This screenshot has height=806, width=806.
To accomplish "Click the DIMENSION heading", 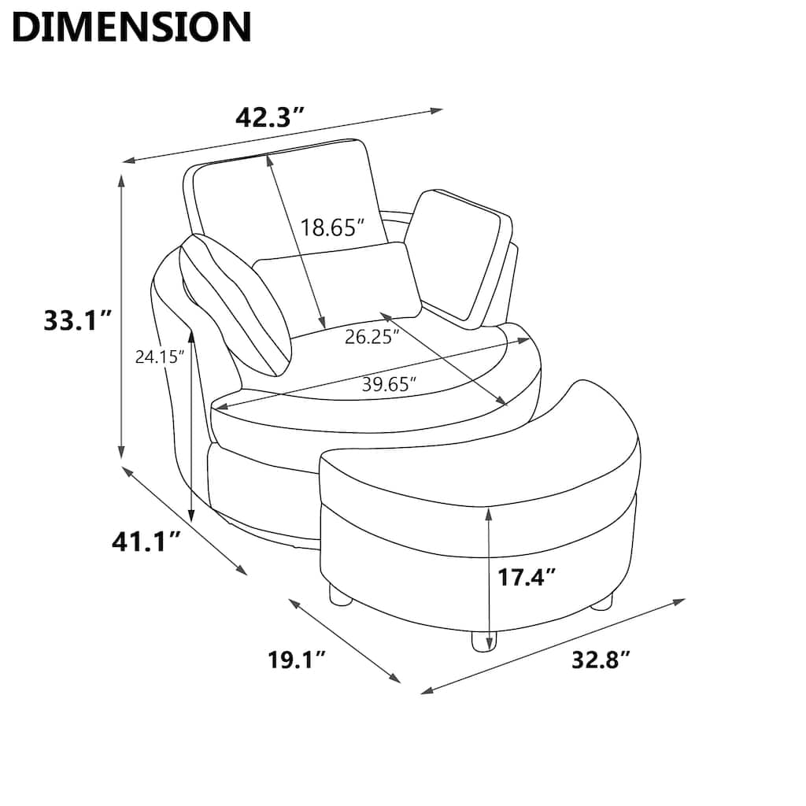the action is pos(131,27).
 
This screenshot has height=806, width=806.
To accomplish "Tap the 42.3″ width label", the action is pos(271,118).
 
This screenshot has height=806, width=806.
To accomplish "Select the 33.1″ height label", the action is pos(78,321).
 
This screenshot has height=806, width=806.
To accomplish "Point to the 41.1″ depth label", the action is pos(146,542).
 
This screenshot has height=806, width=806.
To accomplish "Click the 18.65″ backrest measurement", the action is pos(333,227).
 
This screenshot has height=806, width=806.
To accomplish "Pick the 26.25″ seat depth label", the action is pos(372,337).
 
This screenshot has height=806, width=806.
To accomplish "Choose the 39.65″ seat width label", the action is pos(389,384).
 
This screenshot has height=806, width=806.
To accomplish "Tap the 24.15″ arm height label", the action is pos(160,357).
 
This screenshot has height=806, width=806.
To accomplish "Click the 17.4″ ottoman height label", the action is pos(527,577).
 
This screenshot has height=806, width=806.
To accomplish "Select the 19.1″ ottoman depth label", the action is pos(297,660).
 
